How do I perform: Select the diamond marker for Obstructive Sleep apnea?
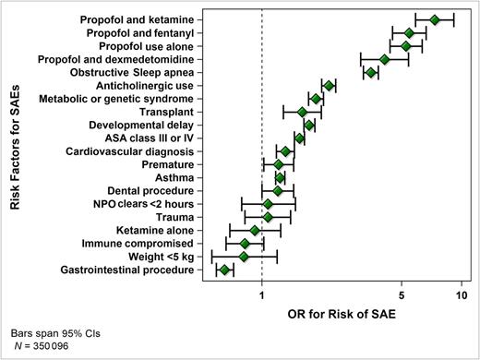371,72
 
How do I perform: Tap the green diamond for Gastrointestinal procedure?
224,270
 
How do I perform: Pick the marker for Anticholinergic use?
329,86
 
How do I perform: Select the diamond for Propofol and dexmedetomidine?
385,59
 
